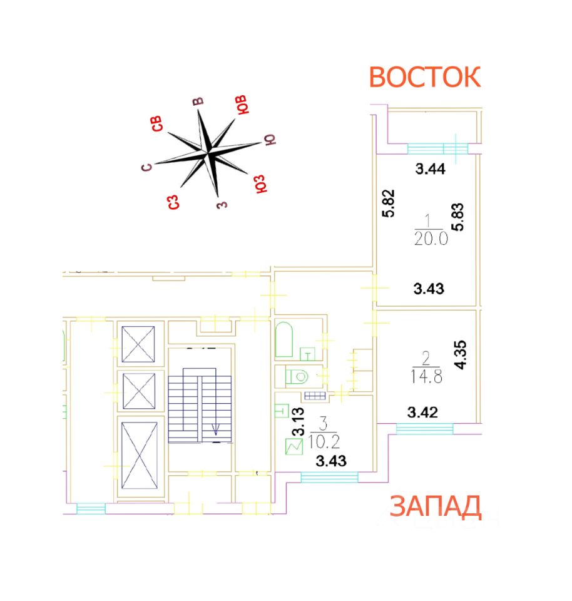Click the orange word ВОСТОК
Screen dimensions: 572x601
pyautogui.click(x=424, y=77)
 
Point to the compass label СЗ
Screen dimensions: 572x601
pyautogui.click(x=174, y=202)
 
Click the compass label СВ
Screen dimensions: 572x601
pyautogui.click(x=159, y=123)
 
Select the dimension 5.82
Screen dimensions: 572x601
pyautogui.click(x=388, y=204)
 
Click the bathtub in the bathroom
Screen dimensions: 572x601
pyautogui.click(x=283, y=341)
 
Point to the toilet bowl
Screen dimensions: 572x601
pyautogui.click(x=296, y=377)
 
